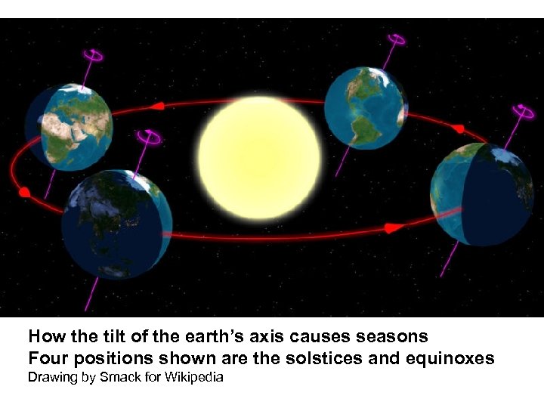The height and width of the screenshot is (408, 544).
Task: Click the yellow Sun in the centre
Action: point(259,157)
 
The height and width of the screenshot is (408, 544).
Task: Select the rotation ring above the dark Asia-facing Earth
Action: point(149,137)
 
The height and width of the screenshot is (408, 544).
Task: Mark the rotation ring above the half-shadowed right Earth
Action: point(522,111)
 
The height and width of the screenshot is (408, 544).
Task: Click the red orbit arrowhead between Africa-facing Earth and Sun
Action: point(158,106)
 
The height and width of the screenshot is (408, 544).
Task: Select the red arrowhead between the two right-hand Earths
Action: point(457,128)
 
